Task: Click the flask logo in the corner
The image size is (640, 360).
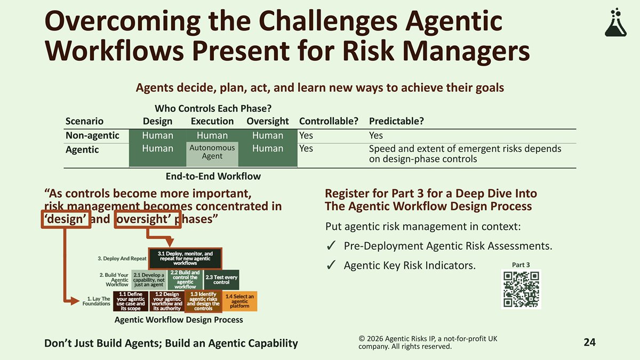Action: [615, 22]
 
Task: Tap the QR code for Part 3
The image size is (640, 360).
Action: [521, 289]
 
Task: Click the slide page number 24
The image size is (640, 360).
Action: [590, 342]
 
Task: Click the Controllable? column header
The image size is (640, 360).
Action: [329, 121]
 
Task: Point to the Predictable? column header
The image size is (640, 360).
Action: [396, 121]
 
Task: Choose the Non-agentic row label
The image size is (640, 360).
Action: [92, 135]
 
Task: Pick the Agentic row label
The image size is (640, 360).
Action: [82, 149]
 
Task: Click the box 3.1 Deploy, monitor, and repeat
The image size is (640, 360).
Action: [185, 258]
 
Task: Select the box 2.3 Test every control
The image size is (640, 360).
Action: [221, 279]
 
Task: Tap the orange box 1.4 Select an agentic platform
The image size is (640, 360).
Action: [239, 301]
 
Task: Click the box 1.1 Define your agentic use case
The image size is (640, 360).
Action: [131, 301]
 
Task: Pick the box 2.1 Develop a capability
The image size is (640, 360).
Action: [149, 279]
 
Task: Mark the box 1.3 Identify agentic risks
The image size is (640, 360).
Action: [203, 301]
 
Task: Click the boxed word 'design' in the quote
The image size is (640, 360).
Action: [66, 219]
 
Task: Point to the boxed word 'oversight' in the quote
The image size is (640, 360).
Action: [148, 219]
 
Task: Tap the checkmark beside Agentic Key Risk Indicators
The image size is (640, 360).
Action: [331, 265]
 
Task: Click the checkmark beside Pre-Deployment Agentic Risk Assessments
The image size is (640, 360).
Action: [331, 246]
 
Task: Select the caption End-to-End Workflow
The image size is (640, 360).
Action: [213, 177]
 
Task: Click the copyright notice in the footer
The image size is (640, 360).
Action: [428, 342]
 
